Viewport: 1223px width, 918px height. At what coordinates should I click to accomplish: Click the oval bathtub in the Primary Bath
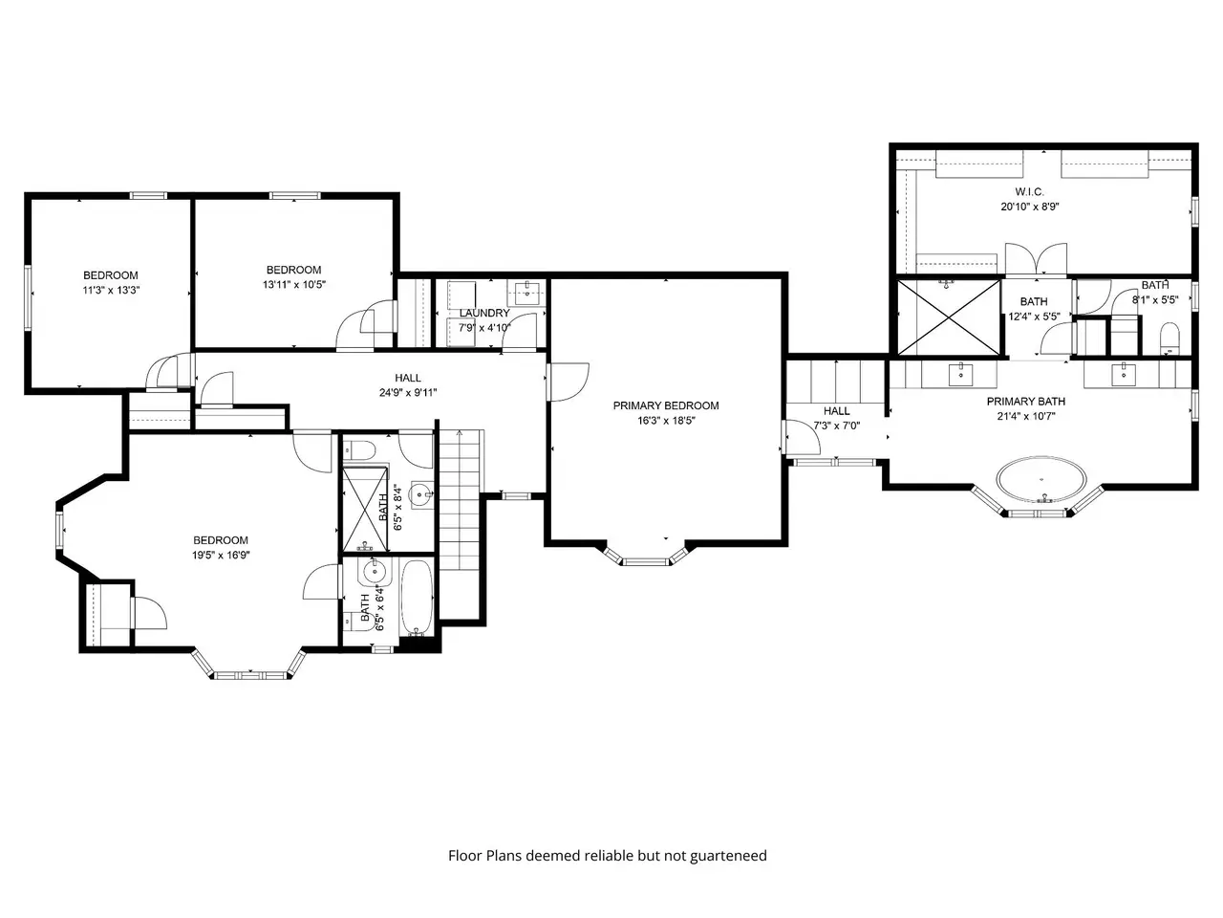(x=1041, y=480)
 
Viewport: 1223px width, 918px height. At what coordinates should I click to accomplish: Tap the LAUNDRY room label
(x=483, y=314)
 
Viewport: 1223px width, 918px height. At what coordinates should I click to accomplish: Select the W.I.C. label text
(x=1029, y=192)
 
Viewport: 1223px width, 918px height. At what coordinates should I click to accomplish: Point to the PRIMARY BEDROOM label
(x=665, y=405)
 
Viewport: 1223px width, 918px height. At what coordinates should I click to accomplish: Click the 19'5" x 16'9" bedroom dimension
(x=221, y=556)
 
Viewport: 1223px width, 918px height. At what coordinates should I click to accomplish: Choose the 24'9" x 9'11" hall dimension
(x=408, y=392)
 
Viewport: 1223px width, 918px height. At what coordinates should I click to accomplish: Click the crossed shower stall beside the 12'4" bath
(x=949, y=317)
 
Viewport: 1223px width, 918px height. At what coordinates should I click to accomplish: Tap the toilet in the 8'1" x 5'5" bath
(x=1169, y=338)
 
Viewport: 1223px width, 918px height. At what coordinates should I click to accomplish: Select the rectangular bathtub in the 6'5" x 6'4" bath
(x=417, y=598)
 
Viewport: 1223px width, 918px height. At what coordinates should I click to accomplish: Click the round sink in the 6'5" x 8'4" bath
(x=420, y=493)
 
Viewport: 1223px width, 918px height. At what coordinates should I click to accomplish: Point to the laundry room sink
(x=525, y=293)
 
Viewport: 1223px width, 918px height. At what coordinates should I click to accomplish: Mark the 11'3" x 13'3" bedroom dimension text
(x=111, y=290)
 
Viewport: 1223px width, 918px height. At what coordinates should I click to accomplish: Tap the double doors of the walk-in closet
(x=1036, y=260)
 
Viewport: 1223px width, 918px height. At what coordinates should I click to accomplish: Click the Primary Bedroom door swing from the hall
(x=568, y=382)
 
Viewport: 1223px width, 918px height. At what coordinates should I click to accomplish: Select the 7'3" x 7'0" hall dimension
(x=836, y=426)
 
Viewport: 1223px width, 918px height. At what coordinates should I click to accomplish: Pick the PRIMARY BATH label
(x=1026, y=402)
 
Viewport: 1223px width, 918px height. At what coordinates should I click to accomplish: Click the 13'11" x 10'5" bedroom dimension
(x=293, y=284)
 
